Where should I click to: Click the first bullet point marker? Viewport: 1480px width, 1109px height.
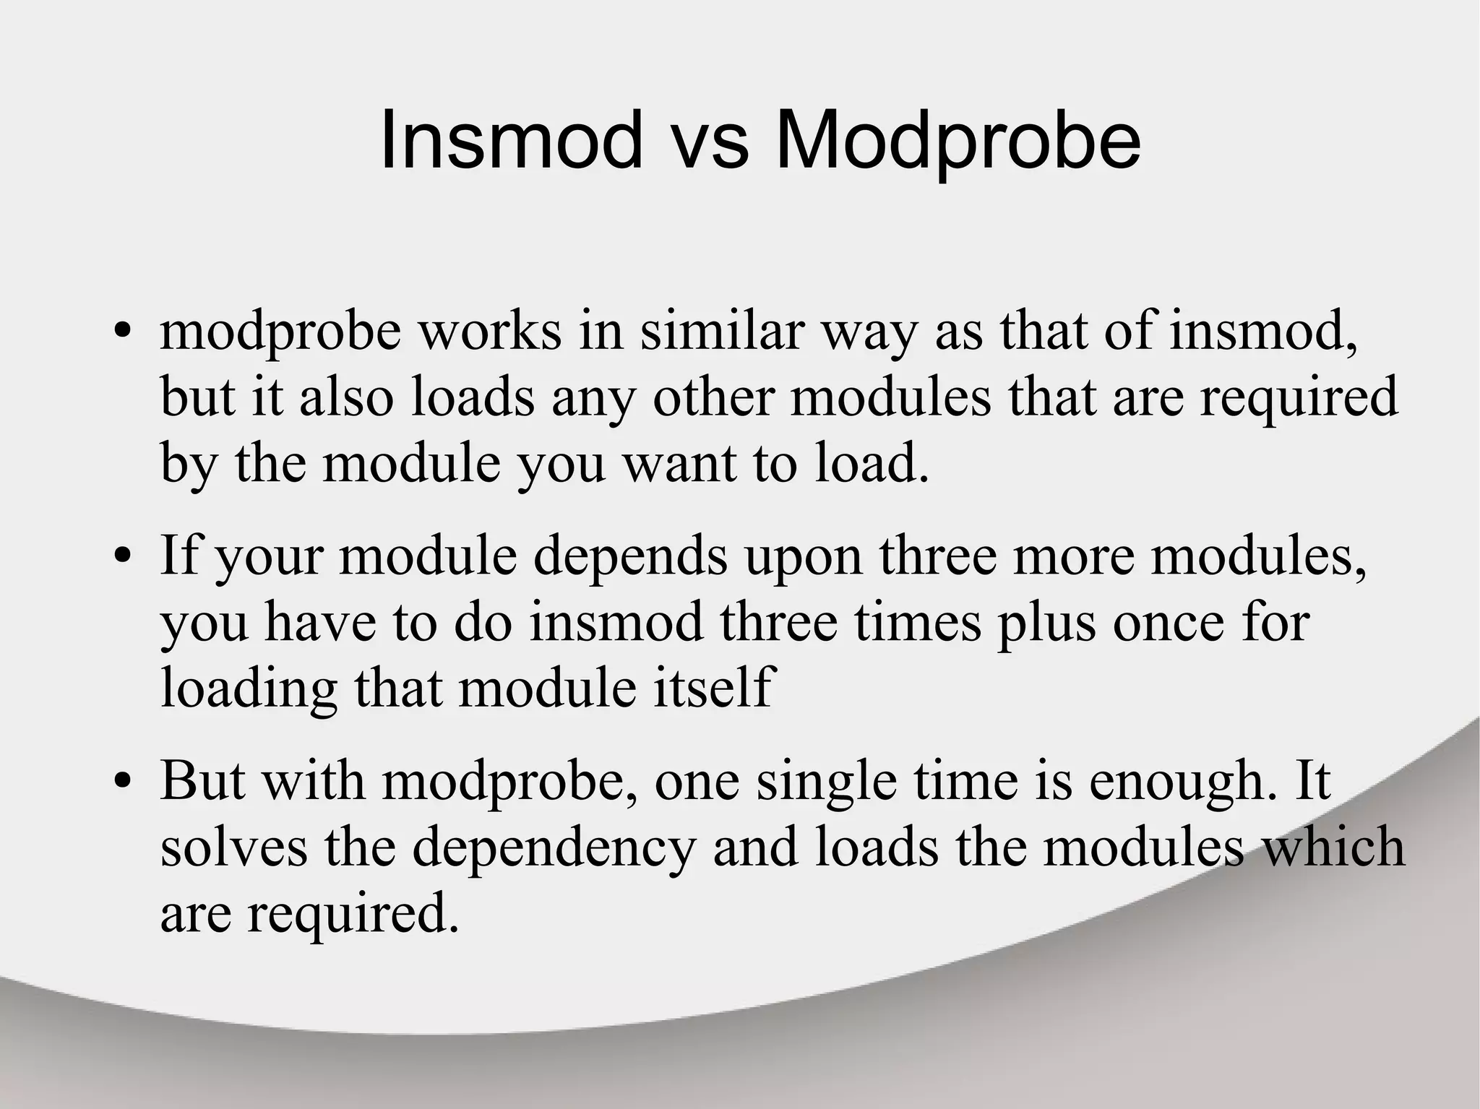click(123, 334)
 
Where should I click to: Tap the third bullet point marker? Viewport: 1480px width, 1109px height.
click(123, 782)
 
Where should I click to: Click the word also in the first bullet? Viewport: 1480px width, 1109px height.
click(346, 397)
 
